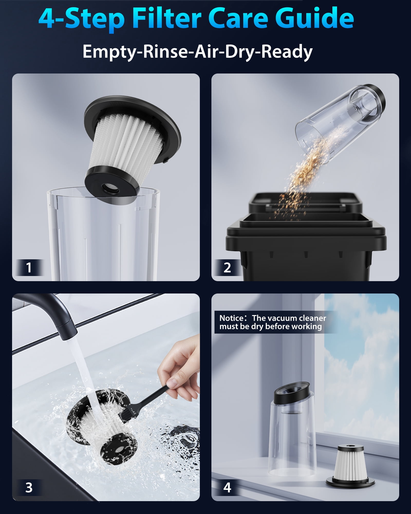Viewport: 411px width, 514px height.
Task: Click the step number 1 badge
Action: point(29,267)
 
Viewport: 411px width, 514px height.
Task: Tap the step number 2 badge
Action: point(227,267)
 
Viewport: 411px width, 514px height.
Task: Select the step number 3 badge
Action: point(29,488)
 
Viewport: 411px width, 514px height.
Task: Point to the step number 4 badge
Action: point(227,488)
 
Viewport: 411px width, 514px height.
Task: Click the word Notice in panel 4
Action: point(231,318)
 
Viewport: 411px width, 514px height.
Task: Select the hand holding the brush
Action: point(180,370)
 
